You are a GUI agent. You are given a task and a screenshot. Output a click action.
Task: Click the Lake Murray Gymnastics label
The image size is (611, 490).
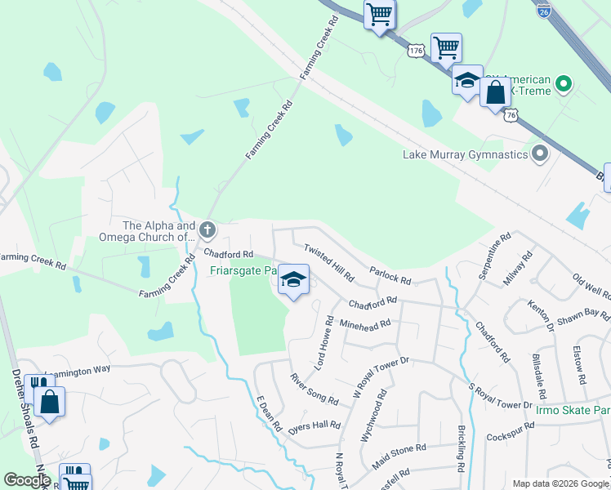coord(466,154)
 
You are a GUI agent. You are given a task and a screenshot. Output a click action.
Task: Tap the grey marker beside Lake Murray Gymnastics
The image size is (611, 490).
coord(539,154)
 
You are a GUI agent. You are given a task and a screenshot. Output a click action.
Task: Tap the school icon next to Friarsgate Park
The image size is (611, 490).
coord(293,280)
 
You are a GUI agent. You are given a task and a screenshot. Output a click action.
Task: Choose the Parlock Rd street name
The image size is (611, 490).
coord(390,274)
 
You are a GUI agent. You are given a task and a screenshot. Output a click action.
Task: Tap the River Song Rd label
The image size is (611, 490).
coord(314,389)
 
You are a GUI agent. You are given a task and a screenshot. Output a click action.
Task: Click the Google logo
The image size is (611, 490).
coord(27,480)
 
